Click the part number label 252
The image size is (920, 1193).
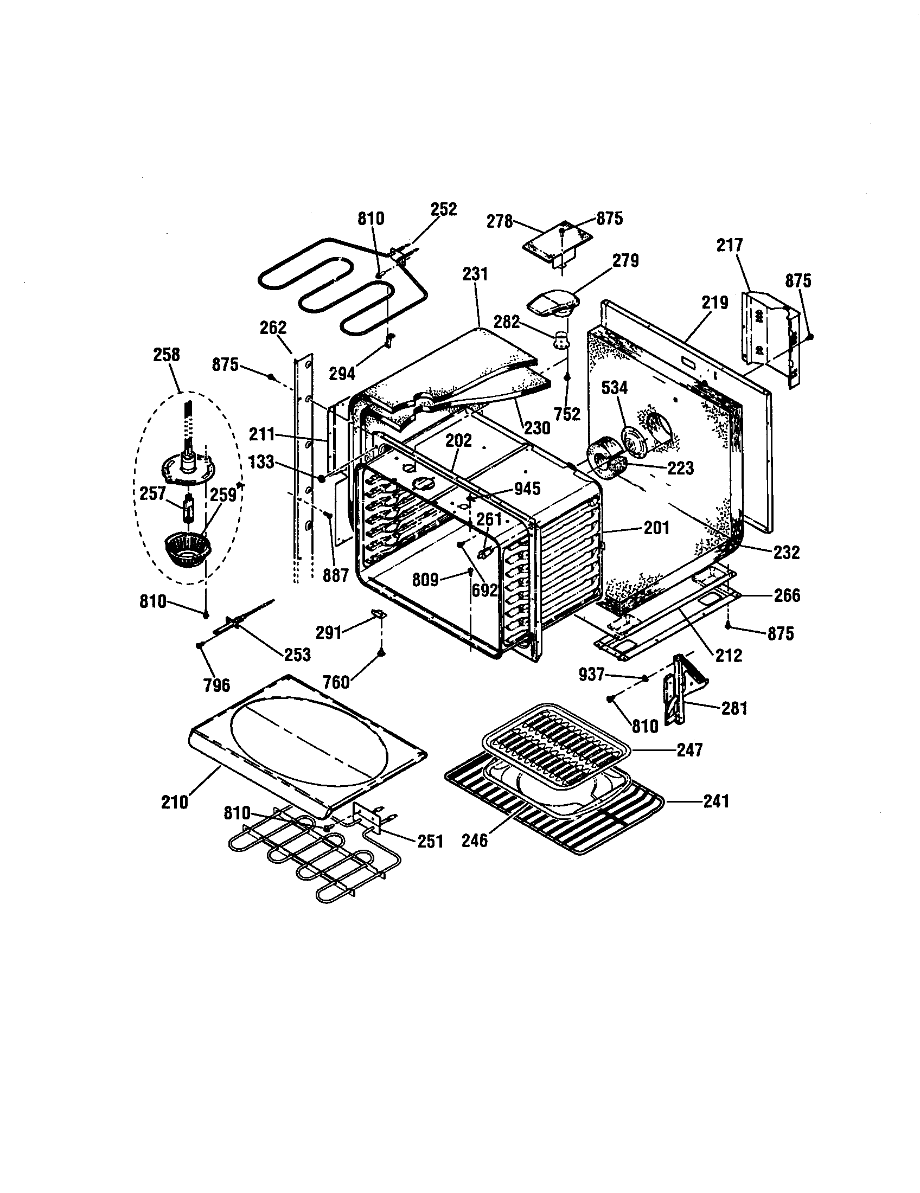[x=443, y=209]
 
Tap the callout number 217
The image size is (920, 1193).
[x=730, y=245]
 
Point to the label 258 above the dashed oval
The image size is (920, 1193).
[x=167, y=355]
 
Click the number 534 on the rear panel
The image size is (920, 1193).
[x=615, y=388]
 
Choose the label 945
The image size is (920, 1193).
[x=527, y=489]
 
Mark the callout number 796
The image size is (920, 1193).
[x=217, y=685]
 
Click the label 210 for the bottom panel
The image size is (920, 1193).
[x=175, y=802]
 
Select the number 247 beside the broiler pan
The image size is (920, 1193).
[x=689, y=750]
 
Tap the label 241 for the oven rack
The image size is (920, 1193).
[x=716, y=801]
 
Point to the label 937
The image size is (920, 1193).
[x=592, y=675]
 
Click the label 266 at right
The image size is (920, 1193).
[x=787, y=595]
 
